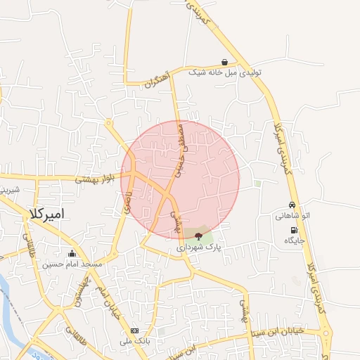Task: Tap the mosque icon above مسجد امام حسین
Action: pos(72,254)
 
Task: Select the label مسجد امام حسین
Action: pos(72,264)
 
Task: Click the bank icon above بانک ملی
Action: pos(134,330)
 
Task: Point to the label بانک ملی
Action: pos(134,340)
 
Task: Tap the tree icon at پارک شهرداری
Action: pos(199,236)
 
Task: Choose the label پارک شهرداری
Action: pos(199,247)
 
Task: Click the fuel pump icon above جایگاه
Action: pos(293,230)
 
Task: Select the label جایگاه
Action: pos(294,240)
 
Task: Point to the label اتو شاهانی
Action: pos(293,216)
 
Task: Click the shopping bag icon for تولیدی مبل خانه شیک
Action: pos(224,62)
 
